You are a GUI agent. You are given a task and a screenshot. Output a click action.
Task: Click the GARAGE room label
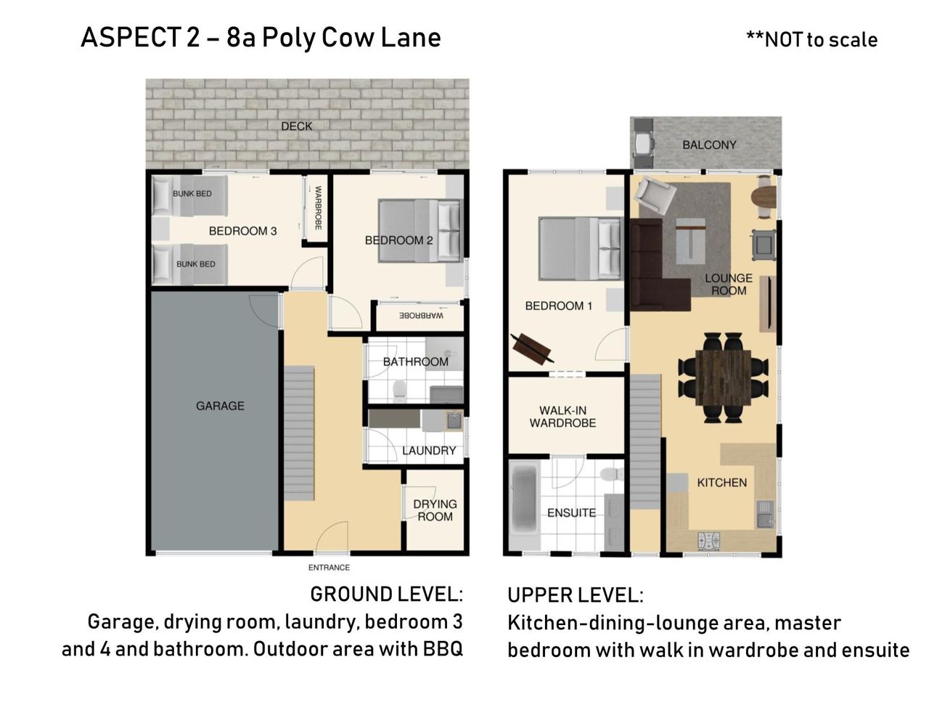pos(220,405)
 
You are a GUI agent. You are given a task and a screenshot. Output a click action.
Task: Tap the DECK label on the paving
pos(296,126)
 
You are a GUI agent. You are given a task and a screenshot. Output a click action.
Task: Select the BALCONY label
pos(709,145)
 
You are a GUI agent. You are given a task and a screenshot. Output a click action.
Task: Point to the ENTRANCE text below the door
pos(329,568)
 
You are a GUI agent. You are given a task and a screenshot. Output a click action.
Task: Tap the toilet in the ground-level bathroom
pos(398,391)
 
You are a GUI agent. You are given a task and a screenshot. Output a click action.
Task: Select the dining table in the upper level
pos(723,378)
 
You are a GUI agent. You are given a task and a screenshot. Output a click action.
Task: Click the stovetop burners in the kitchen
pos(708,541)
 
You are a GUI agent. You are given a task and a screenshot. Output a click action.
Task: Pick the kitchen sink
pos(765,515)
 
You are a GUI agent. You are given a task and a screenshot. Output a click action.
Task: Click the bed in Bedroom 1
pos(579,248)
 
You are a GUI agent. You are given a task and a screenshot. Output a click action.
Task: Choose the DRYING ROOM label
pos(435,510)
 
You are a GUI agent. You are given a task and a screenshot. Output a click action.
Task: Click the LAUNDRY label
pos(429,450)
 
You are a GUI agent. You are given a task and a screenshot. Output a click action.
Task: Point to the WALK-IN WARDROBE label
pos(562,417)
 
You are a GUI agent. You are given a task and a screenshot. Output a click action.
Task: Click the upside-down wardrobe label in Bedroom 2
pos(421,316)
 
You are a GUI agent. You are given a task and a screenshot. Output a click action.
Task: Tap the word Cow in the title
pos(348,38)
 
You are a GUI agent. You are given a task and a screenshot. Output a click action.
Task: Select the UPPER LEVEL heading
pos(575,595)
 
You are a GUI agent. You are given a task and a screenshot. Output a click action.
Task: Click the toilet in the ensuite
pos(611,474)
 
